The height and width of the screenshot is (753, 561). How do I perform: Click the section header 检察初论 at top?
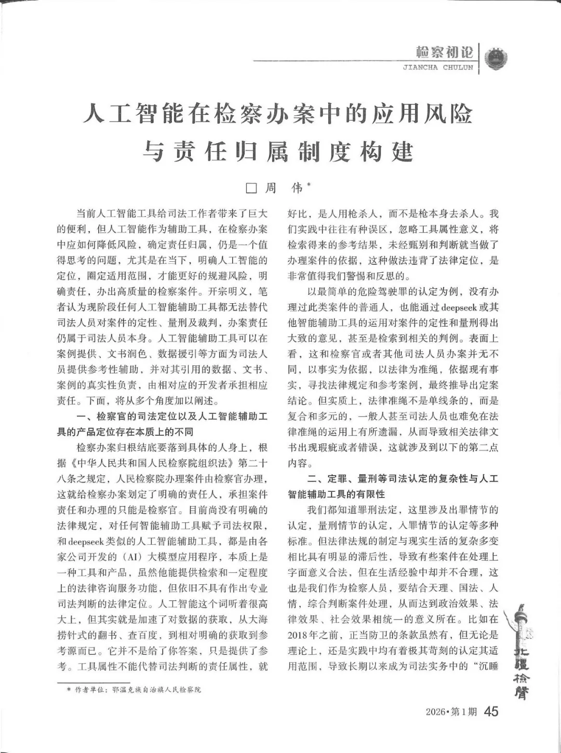coord(445,52)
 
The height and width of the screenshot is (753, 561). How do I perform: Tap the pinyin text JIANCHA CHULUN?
coord(438,68)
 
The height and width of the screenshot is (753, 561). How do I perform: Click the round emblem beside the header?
coord(496,58)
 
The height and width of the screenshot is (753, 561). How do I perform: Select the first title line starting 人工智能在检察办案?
coord(278,114)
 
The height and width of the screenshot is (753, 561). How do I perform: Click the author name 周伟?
coord(283,188)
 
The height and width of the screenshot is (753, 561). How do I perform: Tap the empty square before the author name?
coord(251,189)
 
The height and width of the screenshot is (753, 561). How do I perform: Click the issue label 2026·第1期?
coord(451,712)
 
